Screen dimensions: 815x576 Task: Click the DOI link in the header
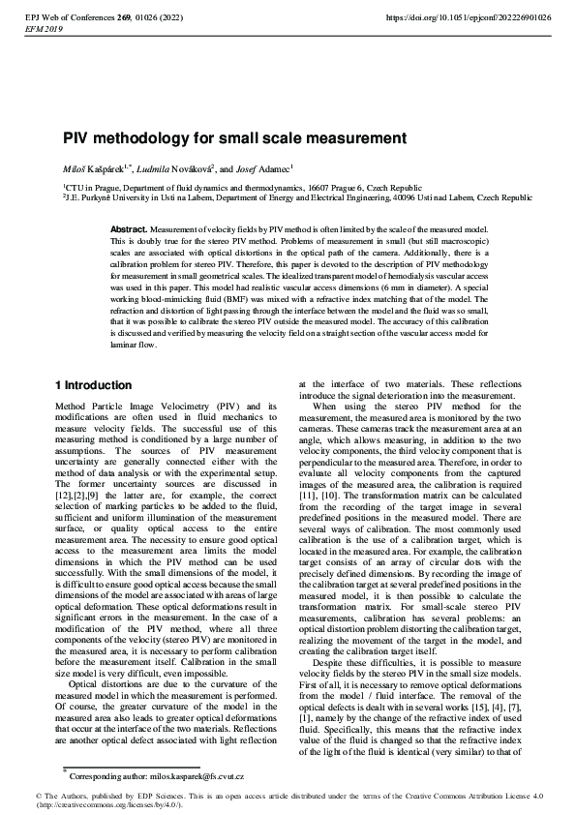[x=469, y=17]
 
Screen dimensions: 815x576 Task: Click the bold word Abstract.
[x=128, y=226]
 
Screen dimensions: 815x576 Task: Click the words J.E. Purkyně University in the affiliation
[x=108, y=196]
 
